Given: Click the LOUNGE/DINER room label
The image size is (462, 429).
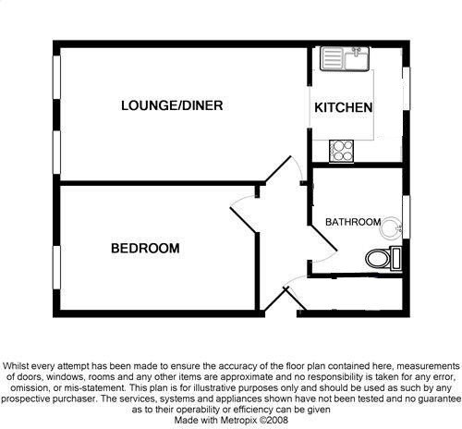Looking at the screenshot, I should point(172,105).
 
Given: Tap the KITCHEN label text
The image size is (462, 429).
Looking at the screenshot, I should point(344,108).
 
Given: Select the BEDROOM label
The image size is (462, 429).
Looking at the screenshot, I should point(145,248).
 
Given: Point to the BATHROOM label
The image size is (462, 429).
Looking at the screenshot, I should point(352,222).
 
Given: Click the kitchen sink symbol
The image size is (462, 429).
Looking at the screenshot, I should point(345,60).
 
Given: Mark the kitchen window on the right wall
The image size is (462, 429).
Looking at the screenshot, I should point(405,91).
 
